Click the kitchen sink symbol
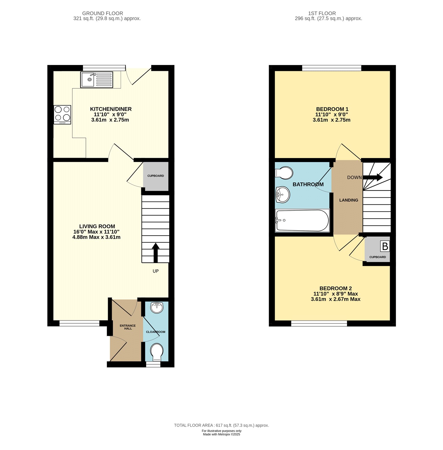(97, 80)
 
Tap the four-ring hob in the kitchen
(62, 114)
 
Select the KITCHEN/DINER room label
(111, 109)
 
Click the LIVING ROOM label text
(97, 226)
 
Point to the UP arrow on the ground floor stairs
(156, 252)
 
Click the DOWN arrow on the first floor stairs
(373, 177)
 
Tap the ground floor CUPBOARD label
(156, 176)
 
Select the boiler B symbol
(385, 246)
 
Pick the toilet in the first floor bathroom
(284, 172)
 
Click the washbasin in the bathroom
(283, 195)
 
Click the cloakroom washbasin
(156, 307)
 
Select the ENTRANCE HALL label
(128, 327)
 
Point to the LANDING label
(348, 200)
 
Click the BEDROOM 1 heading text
(332, 109)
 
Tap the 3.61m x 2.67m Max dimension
(335, 299)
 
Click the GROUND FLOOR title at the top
(102, 13)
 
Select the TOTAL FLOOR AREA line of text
(221, 425)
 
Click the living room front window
(79, 323)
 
